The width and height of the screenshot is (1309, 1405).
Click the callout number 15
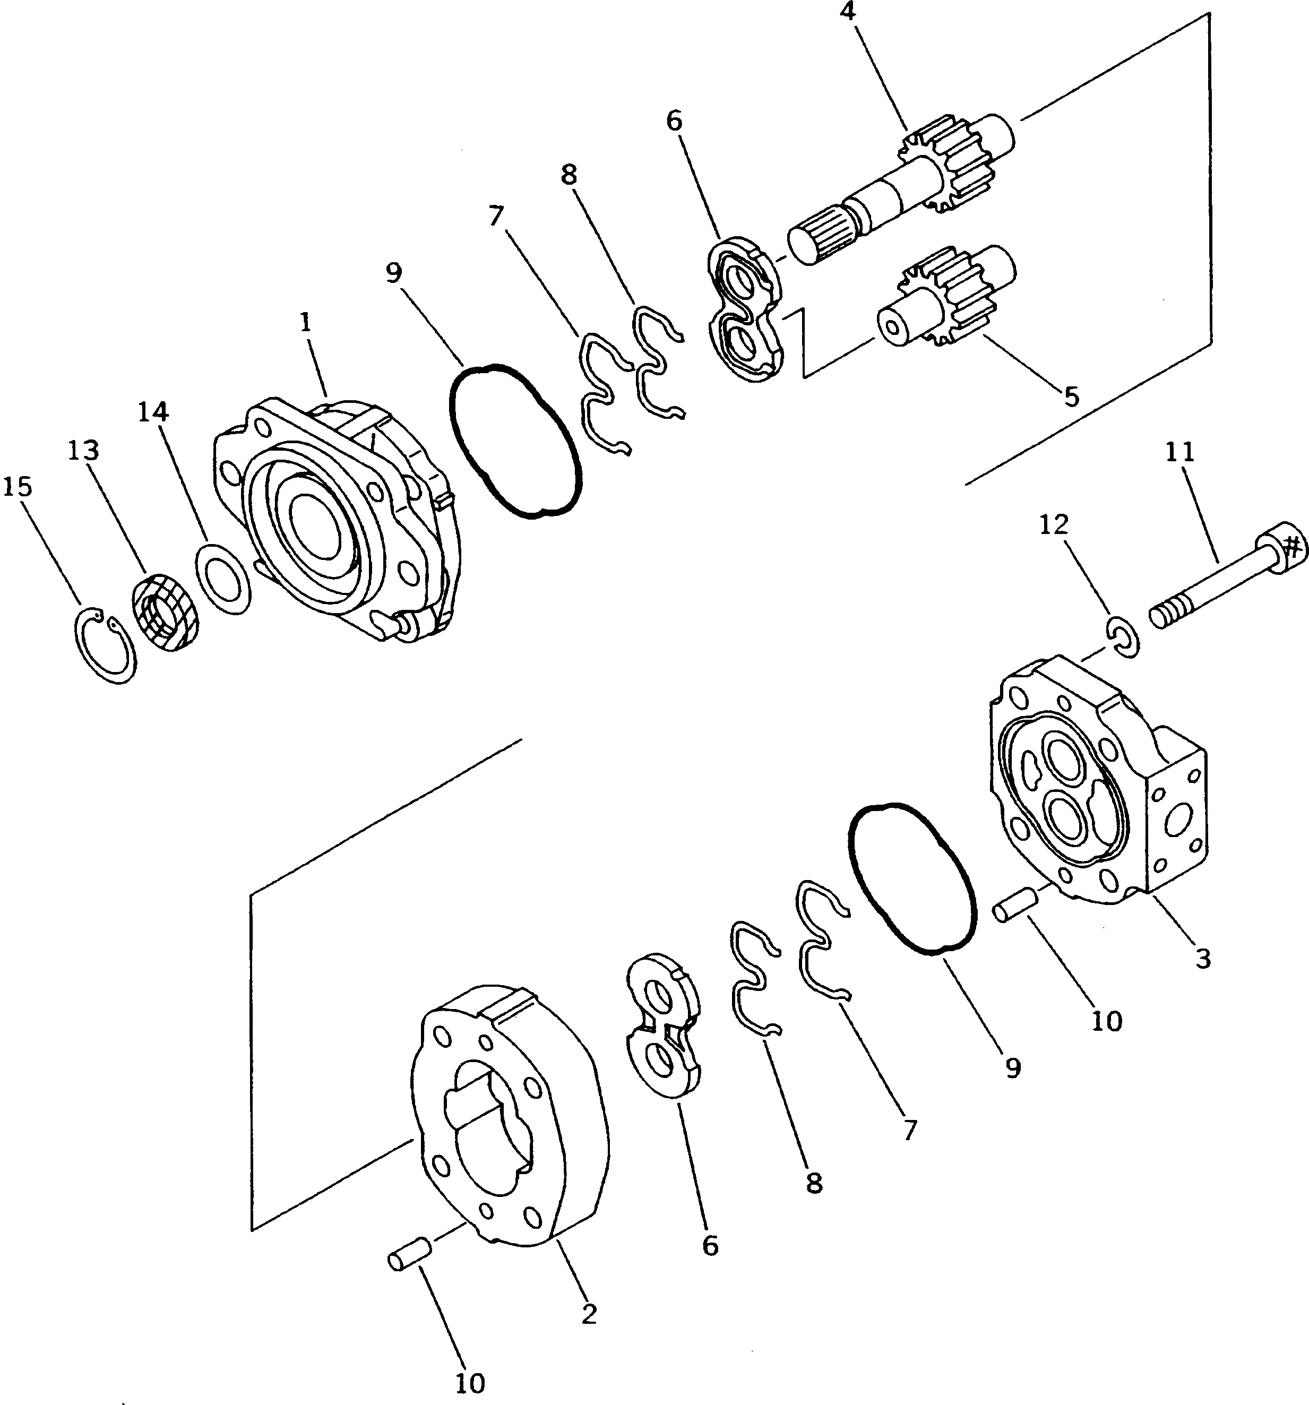coord(18,487)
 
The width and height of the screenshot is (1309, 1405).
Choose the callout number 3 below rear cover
coord(1202,959)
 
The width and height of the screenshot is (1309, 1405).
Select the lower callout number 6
coord(710,1246)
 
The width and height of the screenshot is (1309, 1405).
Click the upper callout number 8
coord(569,175)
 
